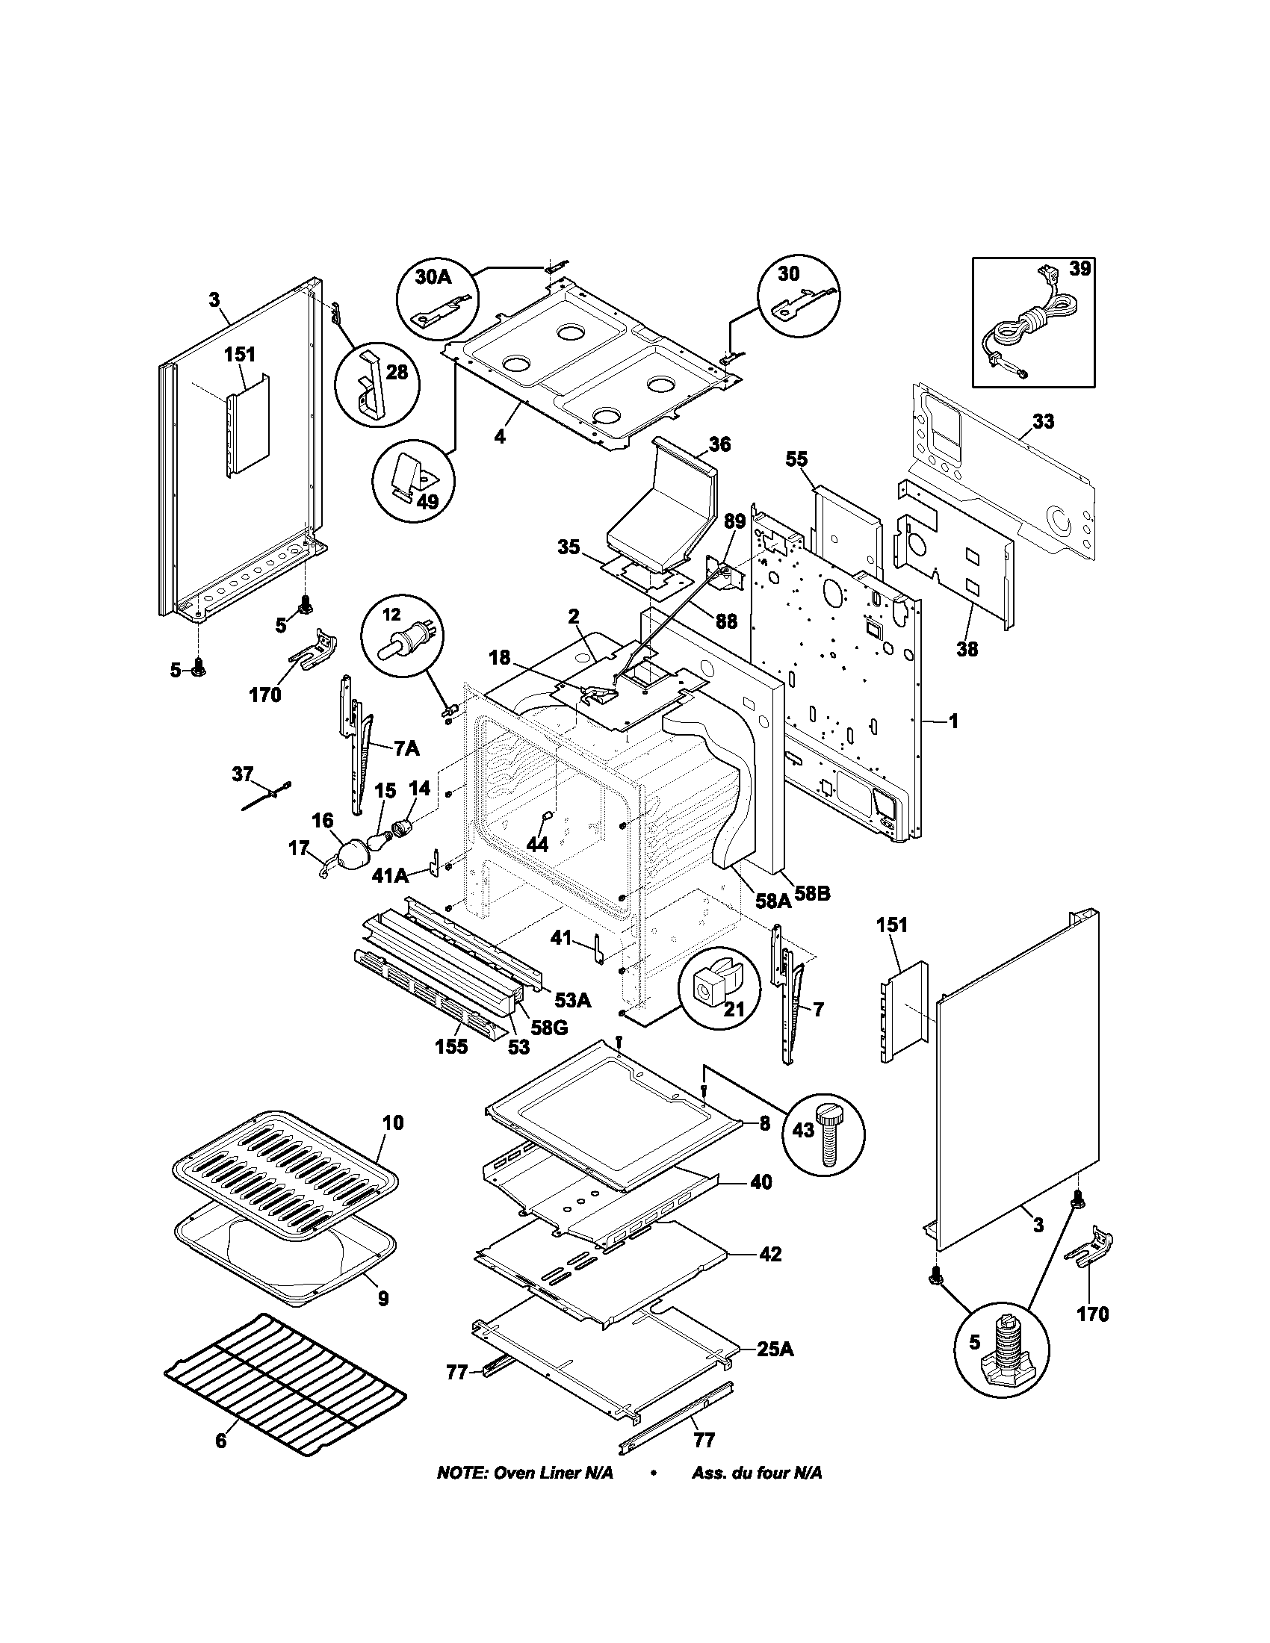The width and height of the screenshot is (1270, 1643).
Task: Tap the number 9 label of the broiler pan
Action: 383,1299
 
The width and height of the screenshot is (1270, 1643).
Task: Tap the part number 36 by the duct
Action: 719,444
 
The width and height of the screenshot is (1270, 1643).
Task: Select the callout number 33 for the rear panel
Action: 1043,422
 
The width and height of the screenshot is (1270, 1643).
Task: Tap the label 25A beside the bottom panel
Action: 775,1350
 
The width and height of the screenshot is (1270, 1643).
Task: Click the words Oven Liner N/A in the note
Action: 553,1472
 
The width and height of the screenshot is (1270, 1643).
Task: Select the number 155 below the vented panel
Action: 450,1046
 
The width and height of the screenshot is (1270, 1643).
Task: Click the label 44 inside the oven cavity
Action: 537,844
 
